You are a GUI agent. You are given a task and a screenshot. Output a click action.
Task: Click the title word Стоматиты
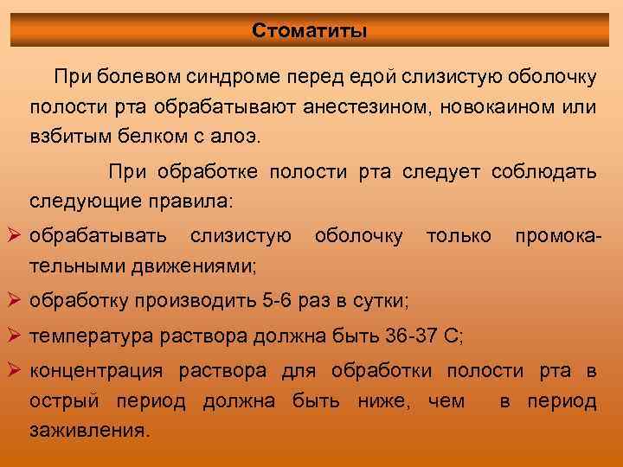point(310,31)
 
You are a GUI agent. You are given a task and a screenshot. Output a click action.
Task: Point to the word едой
point(371,78)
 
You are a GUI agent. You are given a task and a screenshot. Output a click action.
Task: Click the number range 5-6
point(279,302)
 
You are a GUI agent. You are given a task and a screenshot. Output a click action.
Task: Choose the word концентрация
point(97,372)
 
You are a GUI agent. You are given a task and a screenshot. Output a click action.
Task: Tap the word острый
point(58,402)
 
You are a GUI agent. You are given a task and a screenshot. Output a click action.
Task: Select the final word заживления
point(89,431)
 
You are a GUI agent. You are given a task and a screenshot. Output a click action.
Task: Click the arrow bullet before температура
point(15,336)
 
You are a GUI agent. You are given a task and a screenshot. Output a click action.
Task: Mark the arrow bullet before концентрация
point(15,371)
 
